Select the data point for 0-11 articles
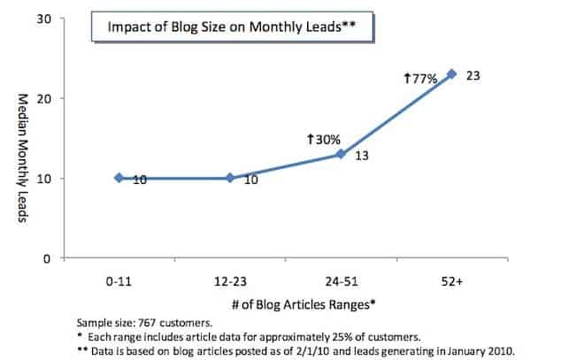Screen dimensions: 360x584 (x=119, y=178)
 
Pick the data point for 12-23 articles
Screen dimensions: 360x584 (x=230, y=178)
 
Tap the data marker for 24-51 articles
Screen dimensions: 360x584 (x=341, y=154)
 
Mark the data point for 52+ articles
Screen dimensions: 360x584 (x=451, y=74)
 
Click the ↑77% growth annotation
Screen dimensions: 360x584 (x=421, y=79)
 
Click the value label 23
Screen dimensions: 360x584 (x=473, y=75)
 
